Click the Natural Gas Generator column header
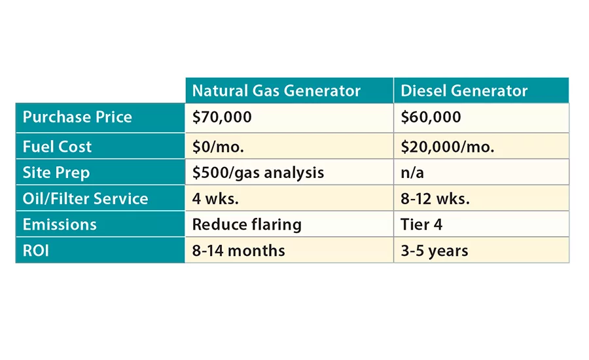click(x=276, y=91)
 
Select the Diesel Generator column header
click(x=464, y=91)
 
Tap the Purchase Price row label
click(x=77, y=117)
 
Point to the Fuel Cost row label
click(x=58, y=147)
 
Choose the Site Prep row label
click(x=56, y=173)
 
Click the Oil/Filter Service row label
click(x=85, y=198)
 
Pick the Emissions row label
click(x=60, y=225)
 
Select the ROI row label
click(x=37, y=251)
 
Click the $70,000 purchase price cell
click(x=222, y=117)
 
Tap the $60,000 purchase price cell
click(x=431, y=117)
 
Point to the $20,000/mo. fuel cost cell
click(x=447, y=147)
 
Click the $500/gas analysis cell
click(x=258, y=173)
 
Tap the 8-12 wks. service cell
click(x=435, y=198)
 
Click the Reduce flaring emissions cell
click(x=247, y=225)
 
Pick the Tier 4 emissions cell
click(x=421, y=225)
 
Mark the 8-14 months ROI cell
click(x=238, y=251)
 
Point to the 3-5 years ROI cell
click(x=434, y=251)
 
